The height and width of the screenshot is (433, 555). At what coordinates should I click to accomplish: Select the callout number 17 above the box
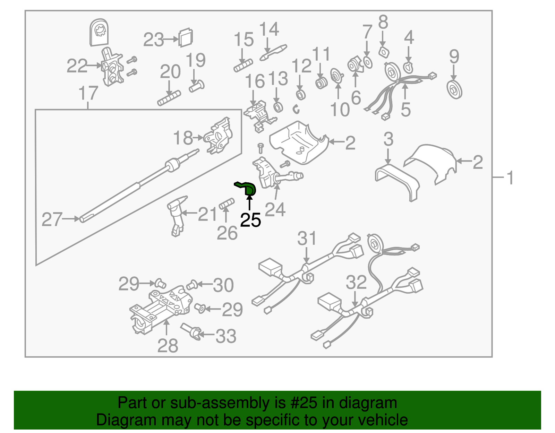88,94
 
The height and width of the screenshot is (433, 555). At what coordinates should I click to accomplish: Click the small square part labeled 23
186,37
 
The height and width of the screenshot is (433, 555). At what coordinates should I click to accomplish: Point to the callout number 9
454,57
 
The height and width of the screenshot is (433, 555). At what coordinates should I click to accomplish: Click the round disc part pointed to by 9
454,89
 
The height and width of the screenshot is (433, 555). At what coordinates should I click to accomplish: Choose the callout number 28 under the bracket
168,345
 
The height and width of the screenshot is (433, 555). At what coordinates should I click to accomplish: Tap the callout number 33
226,336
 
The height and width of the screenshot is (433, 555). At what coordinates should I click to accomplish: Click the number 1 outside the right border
510,178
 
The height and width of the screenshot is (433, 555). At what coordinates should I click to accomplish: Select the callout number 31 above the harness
307,239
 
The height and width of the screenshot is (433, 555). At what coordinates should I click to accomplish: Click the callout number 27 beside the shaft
52,220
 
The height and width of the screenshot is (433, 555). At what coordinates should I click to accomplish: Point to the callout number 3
388,139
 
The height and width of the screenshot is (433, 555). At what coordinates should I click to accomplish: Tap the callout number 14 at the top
269,29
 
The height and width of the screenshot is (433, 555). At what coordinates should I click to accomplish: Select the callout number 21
207,214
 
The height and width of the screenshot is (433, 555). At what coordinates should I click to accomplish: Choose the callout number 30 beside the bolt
223,285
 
